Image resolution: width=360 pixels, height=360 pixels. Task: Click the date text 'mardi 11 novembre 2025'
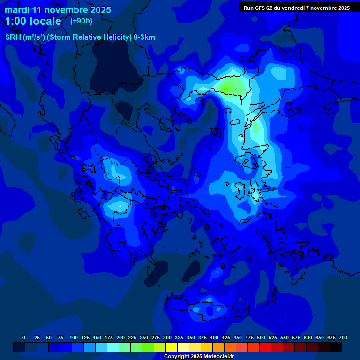58,10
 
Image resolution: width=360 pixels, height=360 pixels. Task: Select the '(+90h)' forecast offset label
81,21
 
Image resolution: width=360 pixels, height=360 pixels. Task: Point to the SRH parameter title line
80,37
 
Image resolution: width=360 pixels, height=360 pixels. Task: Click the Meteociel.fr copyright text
199,357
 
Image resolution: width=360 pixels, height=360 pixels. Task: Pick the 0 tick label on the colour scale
24,337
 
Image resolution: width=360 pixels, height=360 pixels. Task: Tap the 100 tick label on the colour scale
74,337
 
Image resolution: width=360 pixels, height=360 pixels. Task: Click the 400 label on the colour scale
214,337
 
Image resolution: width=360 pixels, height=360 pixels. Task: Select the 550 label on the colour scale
285,337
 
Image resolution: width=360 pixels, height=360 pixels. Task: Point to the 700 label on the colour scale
343,337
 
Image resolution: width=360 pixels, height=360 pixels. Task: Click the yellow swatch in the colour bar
172,347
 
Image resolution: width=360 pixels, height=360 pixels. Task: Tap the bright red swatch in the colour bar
265,347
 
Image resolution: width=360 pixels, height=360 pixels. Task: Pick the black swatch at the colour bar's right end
336,347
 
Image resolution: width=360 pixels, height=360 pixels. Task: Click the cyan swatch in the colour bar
113,347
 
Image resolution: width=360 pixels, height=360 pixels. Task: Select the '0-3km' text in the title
144,37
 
